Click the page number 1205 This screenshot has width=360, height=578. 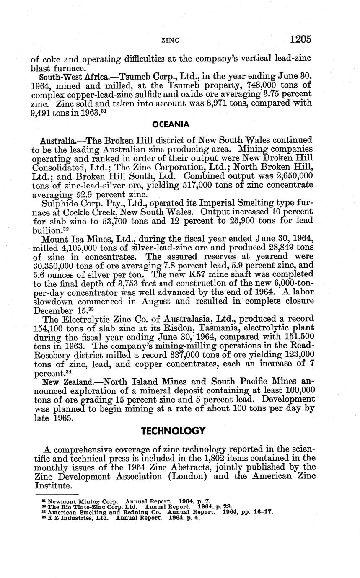(x=300, y=39)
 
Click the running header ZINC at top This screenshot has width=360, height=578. (x=170, y=41)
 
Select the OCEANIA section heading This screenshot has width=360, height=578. (x=171, y=124)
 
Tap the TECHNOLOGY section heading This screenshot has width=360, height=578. (x=173, y=431)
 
